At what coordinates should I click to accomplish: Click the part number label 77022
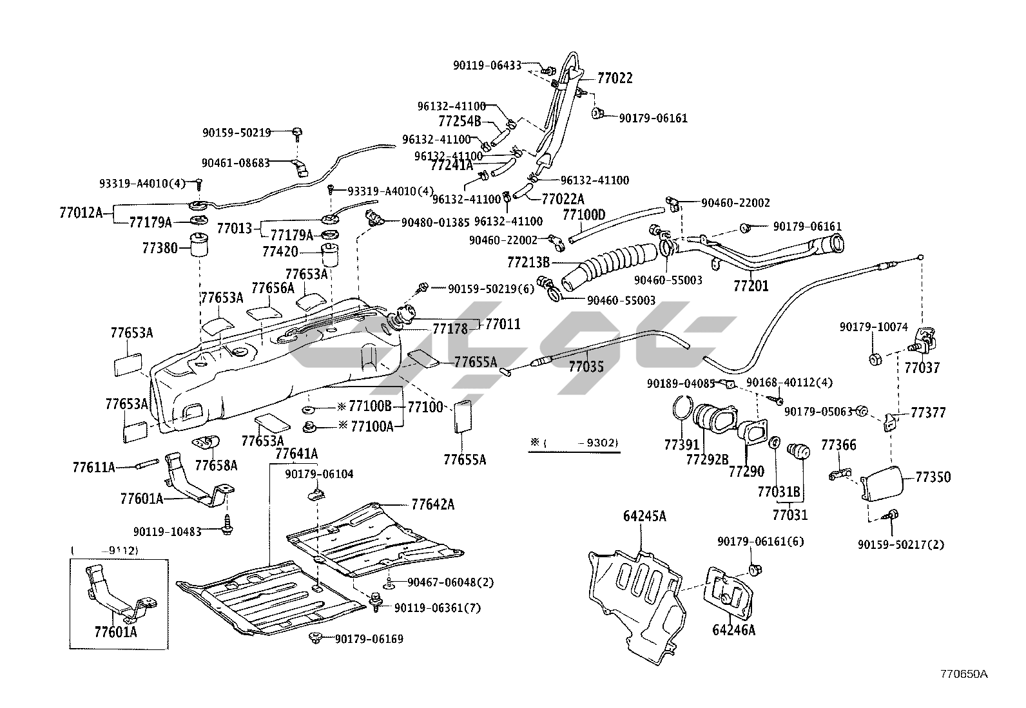pyautogui.click(x=615, y=79)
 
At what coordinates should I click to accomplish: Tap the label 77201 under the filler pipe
pyautogui.click(x=751, y=285)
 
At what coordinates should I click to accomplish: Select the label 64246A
pyautogui.click(x=733, y=630)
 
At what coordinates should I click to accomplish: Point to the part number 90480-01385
pyautogui.click(x=435, y=222)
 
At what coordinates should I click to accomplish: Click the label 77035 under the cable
pyautogui.click(x=586, y=367)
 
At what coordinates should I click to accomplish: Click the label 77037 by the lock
pyautogui.click(x=922, y=368)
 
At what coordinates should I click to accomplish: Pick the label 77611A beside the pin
pyautogui.click(x=93, y=467)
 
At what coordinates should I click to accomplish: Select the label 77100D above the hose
pyautogui.click(x=584, y=215)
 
